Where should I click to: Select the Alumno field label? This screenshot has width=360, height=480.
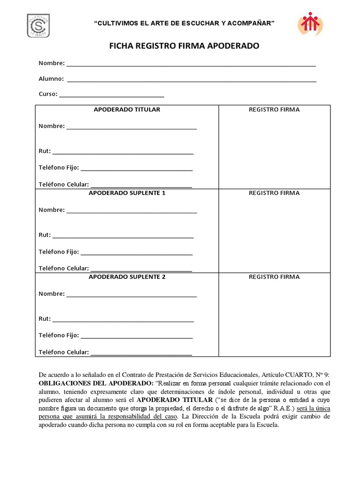[x=51, y=79]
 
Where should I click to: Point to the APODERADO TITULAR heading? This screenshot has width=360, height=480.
[x=127, y=110]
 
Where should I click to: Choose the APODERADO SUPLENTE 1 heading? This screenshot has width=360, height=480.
[x=127, y=193]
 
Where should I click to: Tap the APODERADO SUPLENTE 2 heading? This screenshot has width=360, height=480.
[x=127, y=277]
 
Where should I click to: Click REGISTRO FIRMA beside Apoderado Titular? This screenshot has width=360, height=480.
[x=274, y=110]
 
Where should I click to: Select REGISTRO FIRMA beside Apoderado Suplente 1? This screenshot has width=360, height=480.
[x=274, y=193]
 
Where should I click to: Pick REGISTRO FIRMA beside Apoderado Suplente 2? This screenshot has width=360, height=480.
[x=274, y=277]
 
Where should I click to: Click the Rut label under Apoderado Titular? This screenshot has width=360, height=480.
[x=45, y=151]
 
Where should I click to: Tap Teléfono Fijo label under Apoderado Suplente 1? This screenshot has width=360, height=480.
[x=59, y=252]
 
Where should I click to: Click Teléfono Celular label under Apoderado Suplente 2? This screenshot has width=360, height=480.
[x=64, y=352]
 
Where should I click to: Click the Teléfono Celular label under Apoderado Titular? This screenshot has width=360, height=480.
[x=64, y=185]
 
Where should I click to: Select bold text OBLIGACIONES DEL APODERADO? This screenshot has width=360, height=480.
[x=93, y=383]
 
